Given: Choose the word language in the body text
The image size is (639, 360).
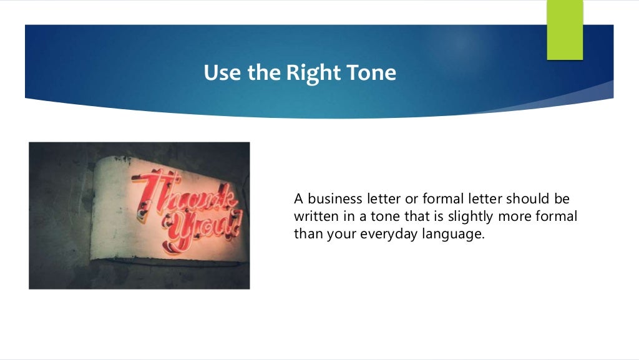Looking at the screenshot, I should (x=454, y=235).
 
